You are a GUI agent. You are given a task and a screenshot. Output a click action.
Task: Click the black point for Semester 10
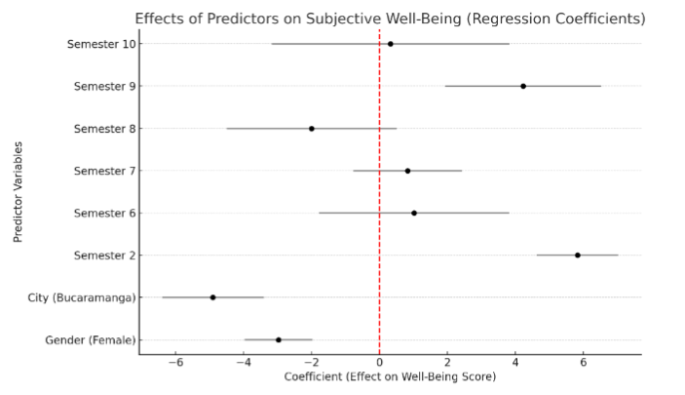coord(390,44)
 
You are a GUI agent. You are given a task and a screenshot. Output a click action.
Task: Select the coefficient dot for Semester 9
coord(523,86)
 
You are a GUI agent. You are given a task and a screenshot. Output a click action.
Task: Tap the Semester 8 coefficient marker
coord(312,129)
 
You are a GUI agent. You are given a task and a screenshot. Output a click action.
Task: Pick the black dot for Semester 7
coord(407,171)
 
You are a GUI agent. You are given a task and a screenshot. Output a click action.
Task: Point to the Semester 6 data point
coord(414,213)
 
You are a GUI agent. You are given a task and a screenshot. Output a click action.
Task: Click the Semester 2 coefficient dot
coord(578,256)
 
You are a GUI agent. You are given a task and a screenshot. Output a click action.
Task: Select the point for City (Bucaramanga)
coord(212,297)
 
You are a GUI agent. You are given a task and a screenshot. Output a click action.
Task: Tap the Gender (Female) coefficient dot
coord(279,339)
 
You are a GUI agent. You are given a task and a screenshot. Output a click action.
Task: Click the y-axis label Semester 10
coord(102,44)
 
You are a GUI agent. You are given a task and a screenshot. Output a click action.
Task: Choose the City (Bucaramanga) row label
coord(83,297)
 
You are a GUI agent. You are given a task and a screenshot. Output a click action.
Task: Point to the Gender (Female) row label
coord(92,339)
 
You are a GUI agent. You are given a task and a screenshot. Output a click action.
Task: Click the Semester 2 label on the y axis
coord(105,256)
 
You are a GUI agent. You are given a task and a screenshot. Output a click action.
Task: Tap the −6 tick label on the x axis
coord(175,364)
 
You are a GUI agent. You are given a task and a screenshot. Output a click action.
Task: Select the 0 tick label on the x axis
coord(380,364)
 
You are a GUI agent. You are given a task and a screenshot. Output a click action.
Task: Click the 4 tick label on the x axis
coord(515,364)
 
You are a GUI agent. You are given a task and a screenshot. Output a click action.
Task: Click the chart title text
coord(390,19)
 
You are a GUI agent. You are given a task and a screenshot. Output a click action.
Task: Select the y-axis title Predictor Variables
coord(19,191)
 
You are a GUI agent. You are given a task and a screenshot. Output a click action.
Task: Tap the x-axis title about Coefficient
coord(390,377)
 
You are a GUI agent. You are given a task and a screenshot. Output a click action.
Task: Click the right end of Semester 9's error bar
coord(600,86)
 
